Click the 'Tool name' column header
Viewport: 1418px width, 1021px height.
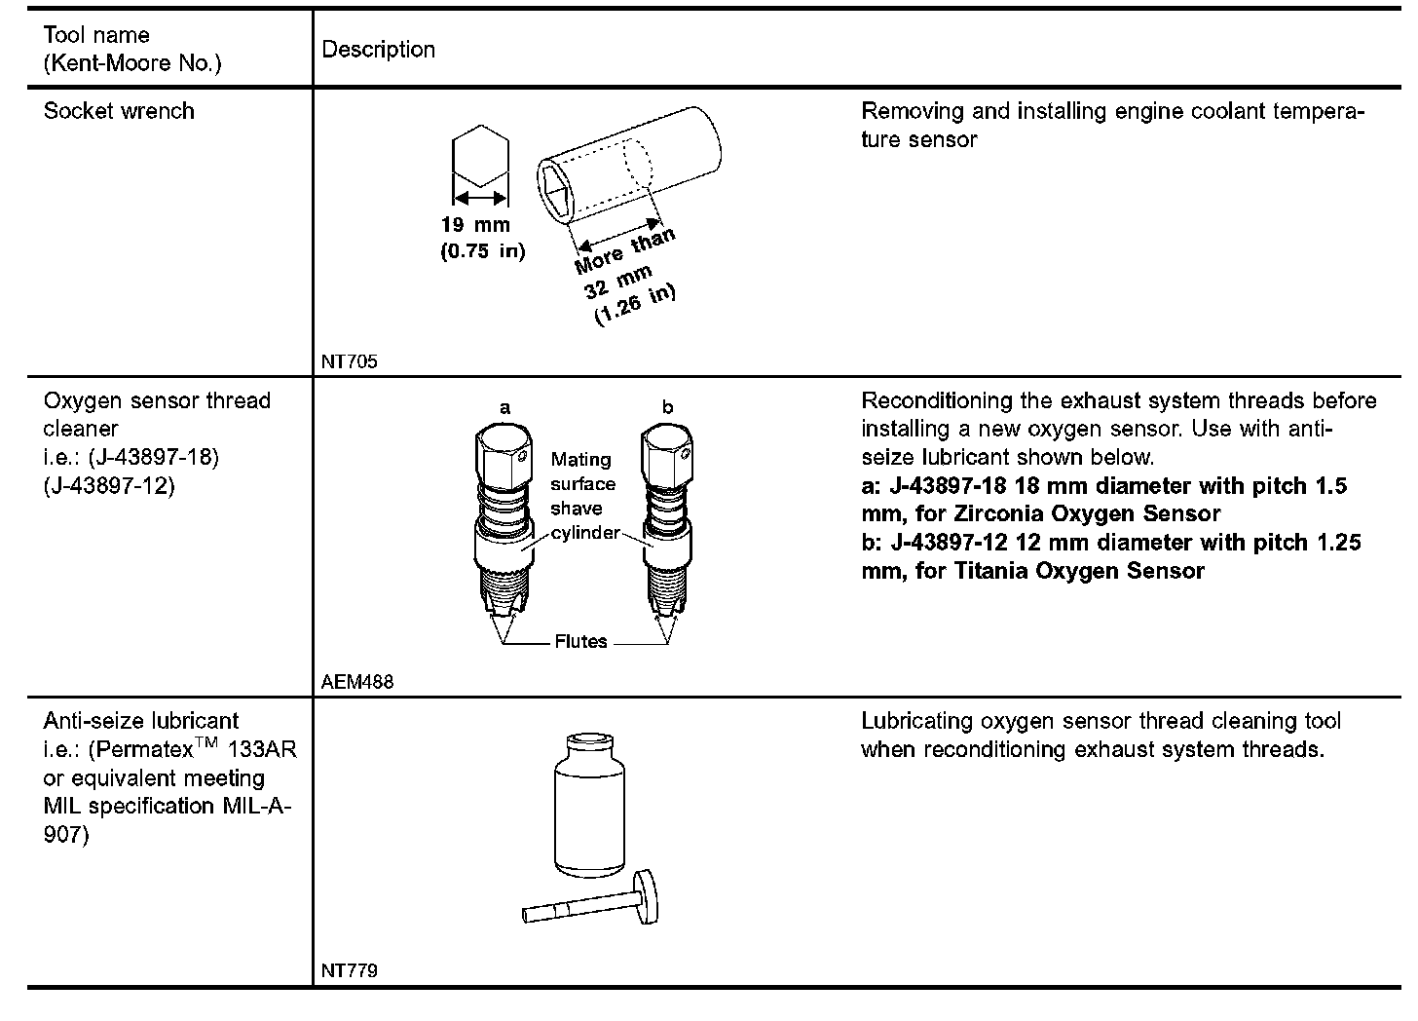pos(96,36)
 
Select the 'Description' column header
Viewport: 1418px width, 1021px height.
pos(378,50)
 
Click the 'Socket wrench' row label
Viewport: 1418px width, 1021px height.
pos(119,111)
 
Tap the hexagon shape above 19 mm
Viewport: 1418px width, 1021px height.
pos(480,155)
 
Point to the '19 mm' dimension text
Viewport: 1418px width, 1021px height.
pos(475,225)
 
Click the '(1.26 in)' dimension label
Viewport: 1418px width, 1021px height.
pos(635,305)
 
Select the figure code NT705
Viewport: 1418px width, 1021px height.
pos(349,361)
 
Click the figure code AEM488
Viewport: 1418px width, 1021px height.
pos(357,682)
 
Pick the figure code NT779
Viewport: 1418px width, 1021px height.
pos(349,970)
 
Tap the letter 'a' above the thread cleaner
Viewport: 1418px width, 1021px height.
pos(504,408)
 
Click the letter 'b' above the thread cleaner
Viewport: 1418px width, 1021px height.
pos(667,408)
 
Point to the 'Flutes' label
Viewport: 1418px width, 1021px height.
pos(580,642)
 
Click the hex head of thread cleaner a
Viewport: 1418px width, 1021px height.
pos(504,456)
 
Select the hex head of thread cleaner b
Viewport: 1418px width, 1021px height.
pos(668,456)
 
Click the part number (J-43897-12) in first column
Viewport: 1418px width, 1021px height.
pos(109,485)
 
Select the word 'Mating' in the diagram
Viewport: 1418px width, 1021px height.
pos(581,460)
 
